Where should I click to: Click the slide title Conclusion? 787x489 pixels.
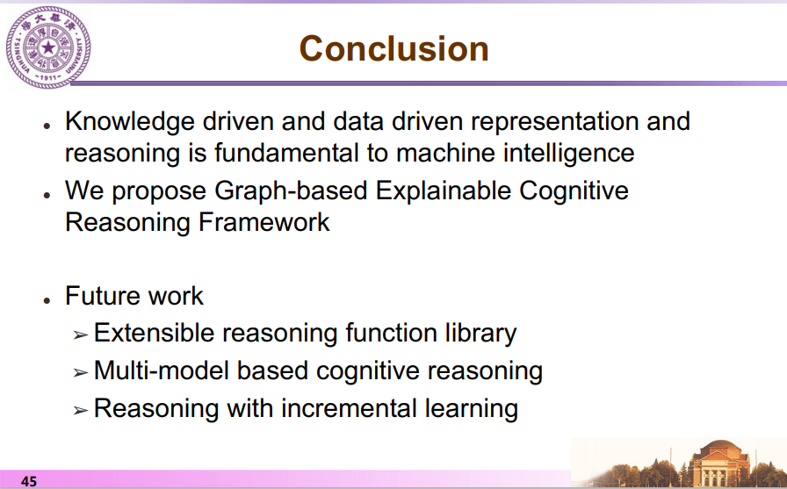tap(394, 48)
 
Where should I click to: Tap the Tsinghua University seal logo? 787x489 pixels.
tap(48, 47)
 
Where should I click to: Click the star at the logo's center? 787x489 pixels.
tap(48, 47)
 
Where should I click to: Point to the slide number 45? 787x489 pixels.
tap(29, 481)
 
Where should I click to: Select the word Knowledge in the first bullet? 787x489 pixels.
tap(130, 122)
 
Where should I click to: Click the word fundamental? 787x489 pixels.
tap(286, 153)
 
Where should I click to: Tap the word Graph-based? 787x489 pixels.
tap(291, 191)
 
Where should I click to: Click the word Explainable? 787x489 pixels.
tap(444, 191)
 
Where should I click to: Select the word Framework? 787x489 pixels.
tap(264, 222)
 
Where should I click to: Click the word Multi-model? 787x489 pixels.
tap(162, 370)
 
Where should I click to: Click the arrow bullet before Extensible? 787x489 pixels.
tap(81, 334)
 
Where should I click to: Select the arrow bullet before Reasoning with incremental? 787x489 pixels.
tap(81, 410)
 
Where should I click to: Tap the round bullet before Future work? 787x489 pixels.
tap(47, 300)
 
